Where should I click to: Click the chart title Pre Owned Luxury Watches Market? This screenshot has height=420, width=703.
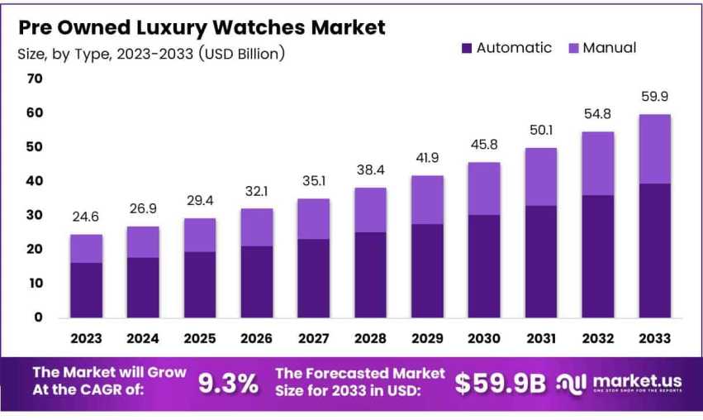[x=202, y=27]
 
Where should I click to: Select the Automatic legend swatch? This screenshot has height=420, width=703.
[x=467, y=49]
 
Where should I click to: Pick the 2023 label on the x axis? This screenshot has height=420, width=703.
[x=86, y=338]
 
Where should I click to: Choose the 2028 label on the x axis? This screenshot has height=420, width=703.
[x=370, y=338]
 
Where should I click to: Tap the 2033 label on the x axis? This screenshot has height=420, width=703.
[x=654, y=338]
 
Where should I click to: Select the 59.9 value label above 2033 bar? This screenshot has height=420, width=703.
[x=654, y=98]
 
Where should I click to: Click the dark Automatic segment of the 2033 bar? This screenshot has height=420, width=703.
[x=654, y=250]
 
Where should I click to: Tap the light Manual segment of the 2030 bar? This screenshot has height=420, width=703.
[x=484, y=189]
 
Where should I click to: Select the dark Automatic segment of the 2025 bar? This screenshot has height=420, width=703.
[x=200, y=284]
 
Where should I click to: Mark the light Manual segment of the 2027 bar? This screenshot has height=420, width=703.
[x=313, y=218]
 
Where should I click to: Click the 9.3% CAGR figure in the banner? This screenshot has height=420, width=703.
[x=228, y=383]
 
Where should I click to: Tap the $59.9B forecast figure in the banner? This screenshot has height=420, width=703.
[x=501, y=382]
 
